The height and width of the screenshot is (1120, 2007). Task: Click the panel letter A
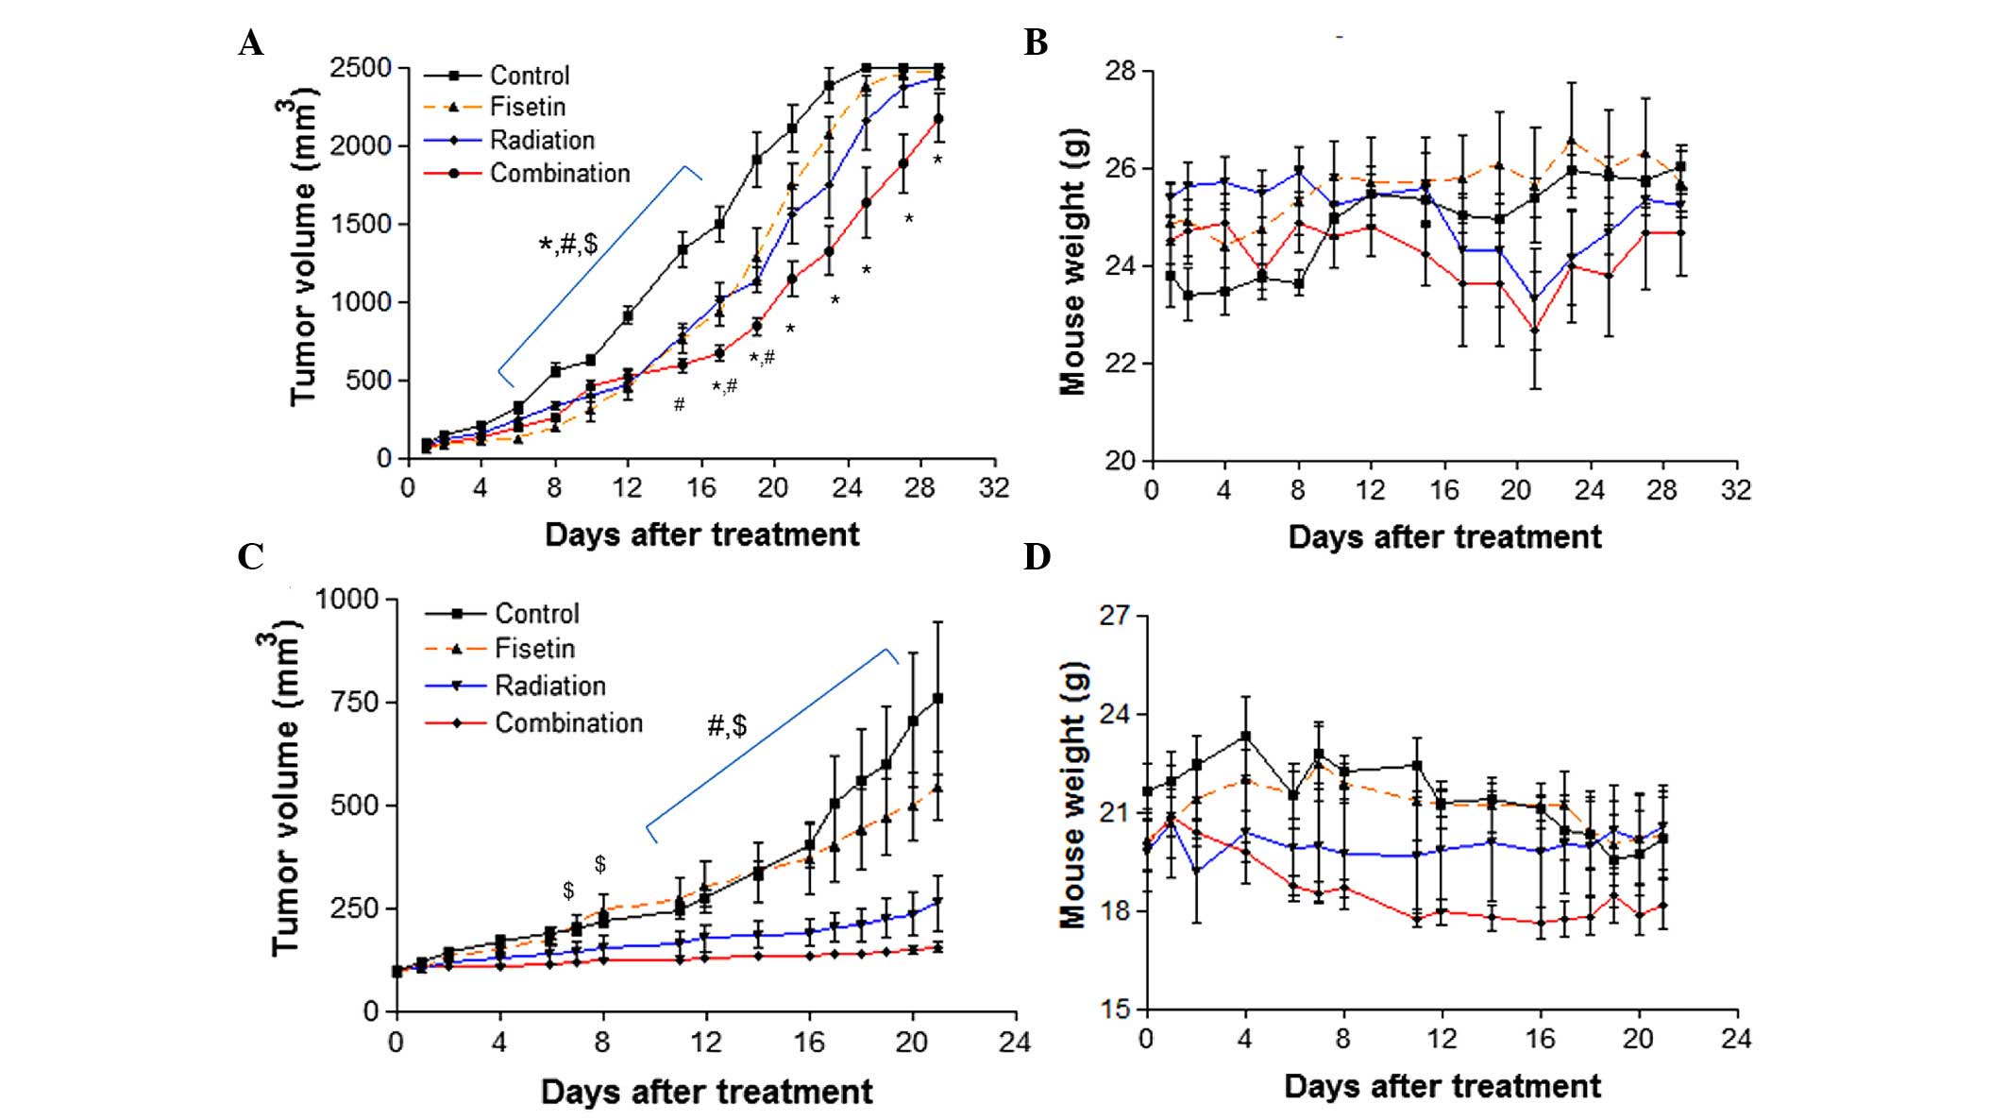251,43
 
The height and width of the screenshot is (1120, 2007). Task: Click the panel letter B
1036,43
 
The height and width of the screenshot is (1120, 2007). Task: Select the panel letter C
251,557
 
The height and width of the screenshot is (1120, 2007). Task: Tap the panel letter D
1037,557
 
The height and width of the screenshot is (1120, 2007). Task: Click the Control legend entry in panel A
529,76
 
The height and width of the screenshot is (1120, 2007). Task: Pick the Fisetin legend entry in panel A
527,107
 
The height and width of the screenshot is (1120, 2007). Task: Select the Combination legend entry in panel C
568,723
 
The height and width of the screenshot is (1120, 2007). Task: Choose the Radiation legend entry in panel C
549,686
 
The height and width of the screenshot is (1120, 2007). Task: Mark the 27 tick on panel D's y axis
1115,616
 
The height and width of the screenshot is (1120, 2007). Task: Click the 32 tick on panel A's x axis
994,488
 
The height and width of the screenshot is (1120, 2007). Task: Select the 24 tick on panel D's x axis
1736,1039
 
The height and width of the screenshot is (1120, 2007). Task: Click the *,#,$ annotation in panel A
568,245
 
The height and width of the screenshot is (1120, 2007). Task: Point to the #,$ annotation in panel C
727,725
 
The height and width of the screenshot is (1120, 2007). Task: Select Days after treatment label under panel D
1442,1087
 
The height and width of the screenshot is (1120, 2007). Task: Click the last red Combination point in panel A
938,119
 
